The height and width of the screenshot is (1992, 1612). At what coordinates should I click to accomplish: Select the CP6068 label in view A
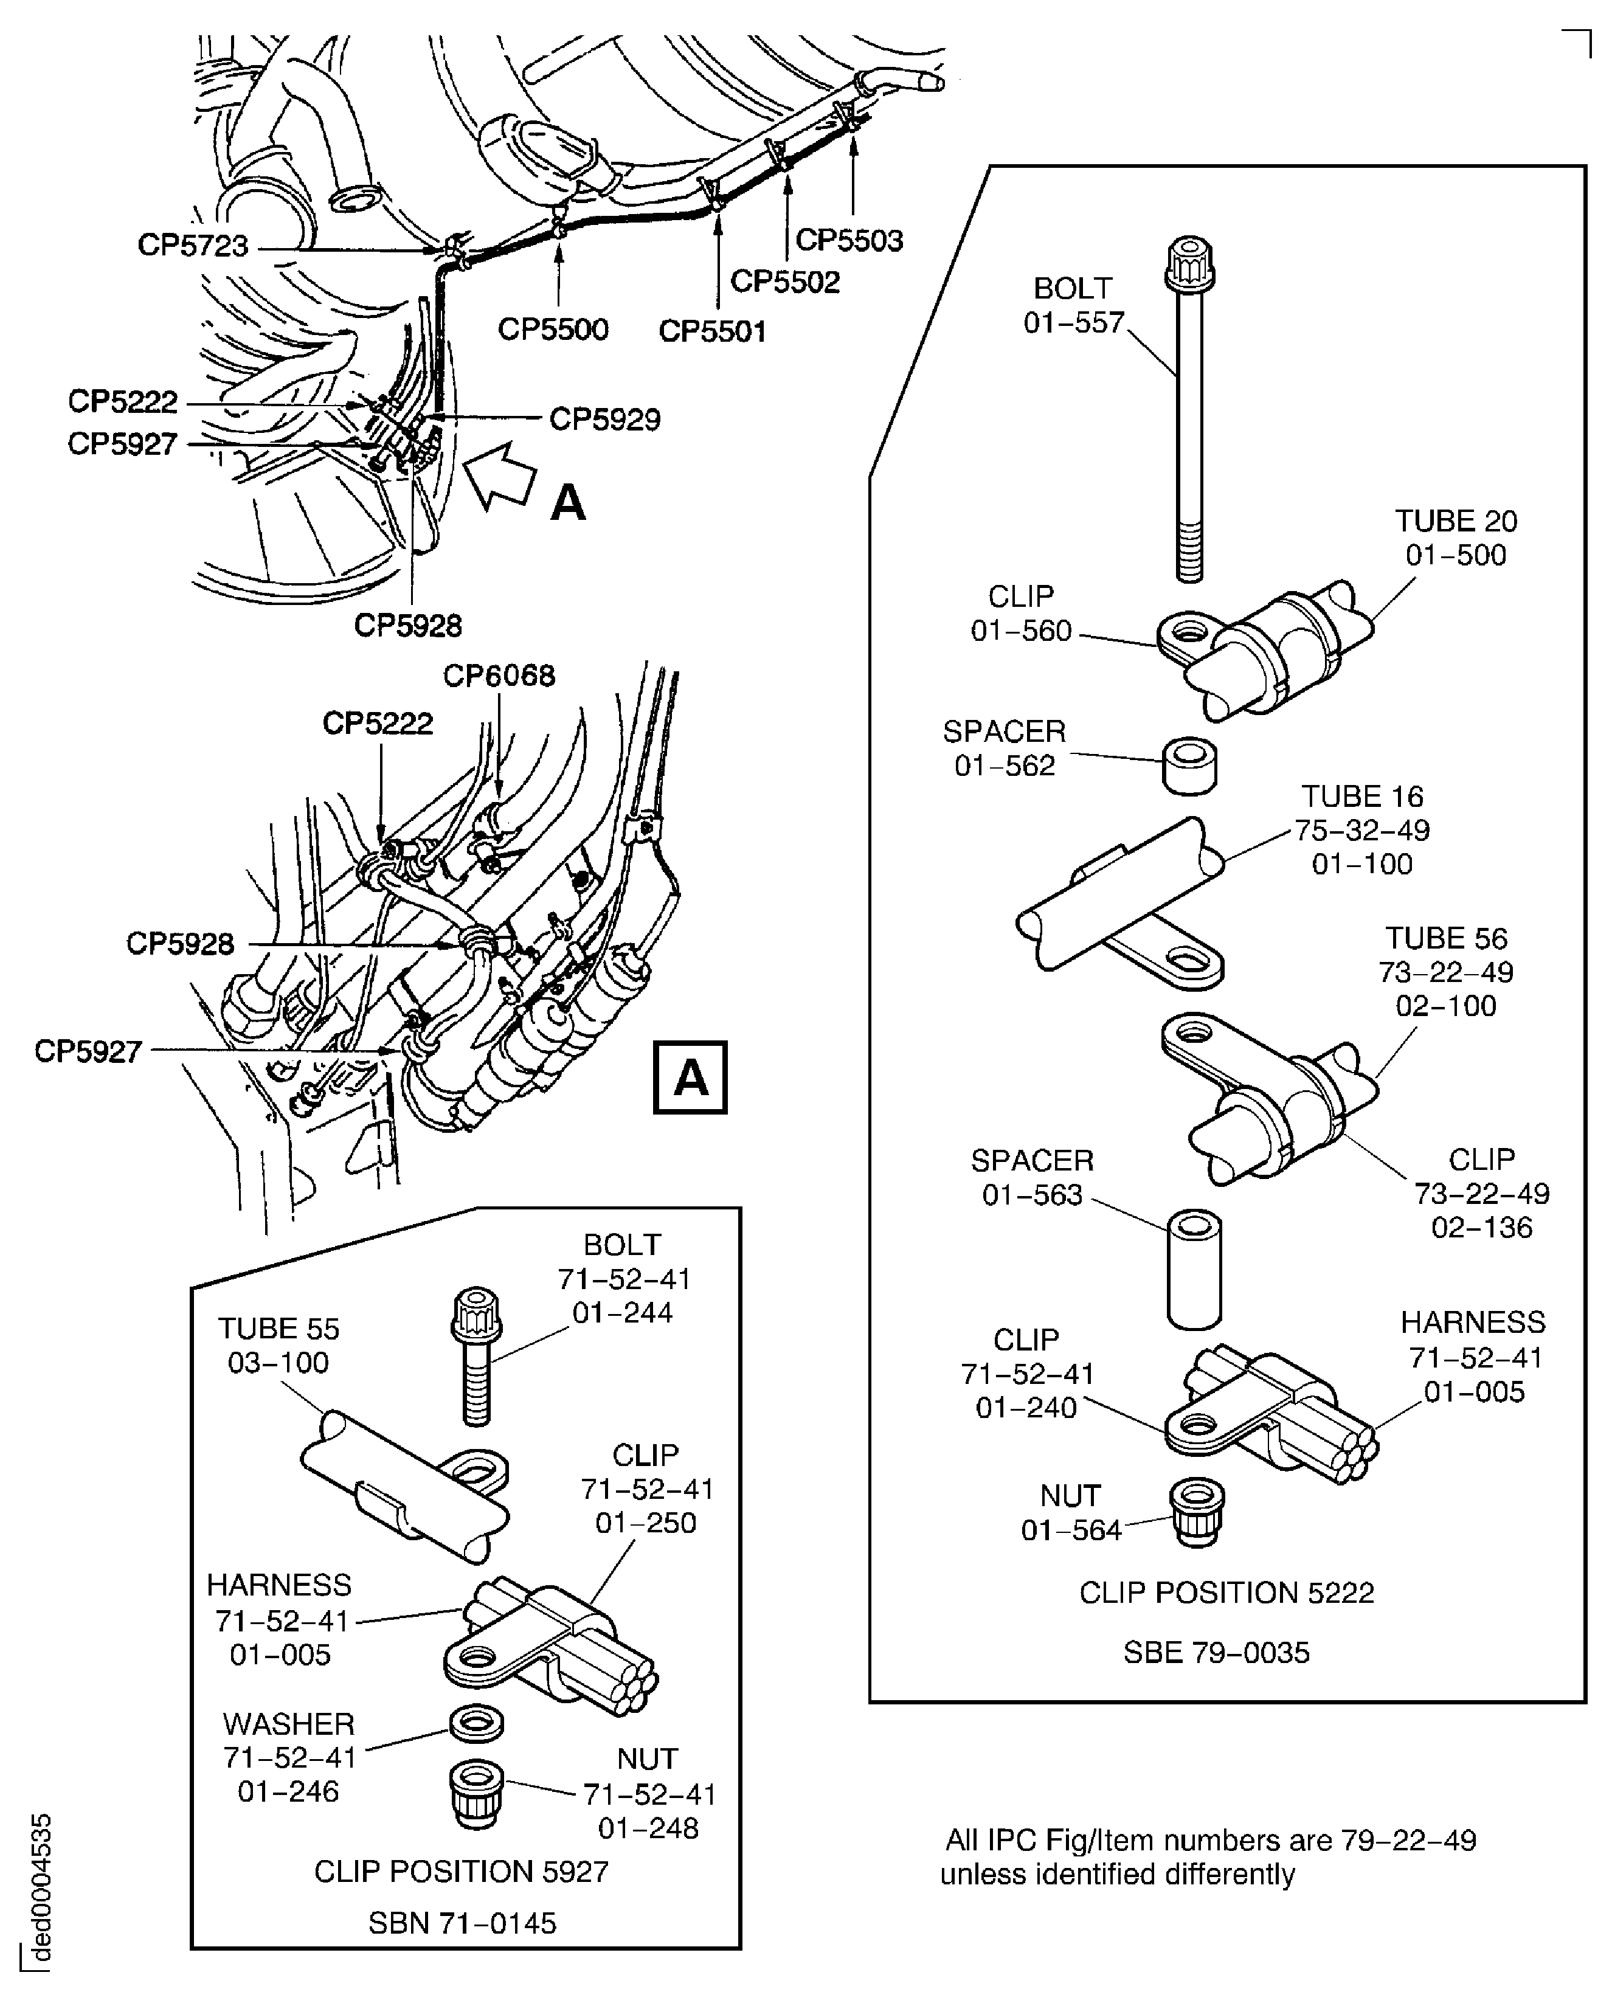click(499, 675)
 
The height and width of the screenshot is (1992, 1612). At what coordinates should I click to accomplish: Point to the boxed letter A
click(690, 1077)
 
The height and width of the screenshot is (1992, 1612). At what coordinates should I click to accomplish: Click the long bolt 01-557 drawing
click(1189, 409)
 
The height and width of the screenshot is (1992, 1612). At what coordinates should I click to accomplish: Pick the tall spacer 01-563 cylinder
click(1194, 1268)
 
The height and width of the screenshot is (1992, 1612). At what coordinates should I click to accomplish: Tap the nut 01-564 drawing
click(1197, 1513)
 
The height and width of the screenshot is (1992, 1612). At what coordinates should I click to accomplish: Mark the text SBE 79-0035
click(1216, 1652)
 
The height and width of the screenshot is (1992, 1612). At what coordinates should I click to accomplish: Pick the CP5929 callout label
click(604, 419)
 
